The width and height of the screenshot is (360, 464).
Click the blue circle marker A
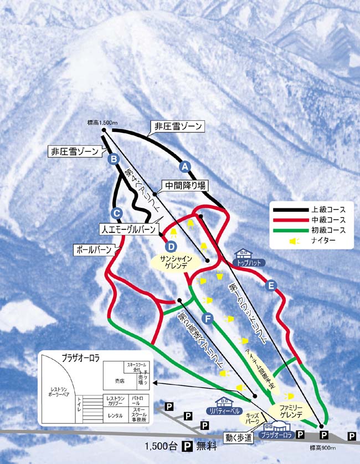185,166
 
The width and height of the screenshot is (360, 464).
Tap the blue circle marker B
114,160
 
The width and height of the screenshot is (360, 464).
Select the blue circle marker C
116,212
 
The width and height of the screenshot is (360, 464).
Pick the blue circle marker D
171,246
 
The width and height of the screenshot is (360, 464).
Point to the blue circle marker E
270,285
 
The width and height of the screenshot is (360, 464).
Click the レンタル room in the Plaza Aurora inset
115,415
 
